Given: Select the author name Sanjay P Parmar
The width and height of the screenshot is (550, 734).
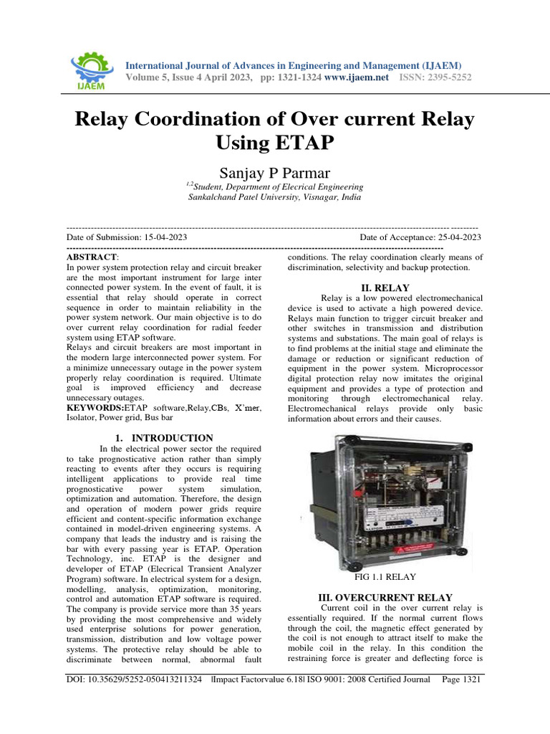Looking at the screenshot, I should click(274, 171).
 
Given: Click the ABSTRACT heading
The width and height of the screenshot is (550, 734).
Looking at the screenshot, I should click(91, 256).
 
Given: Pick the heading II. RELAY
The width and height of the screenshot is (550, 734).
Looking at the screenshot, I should click(384, 287).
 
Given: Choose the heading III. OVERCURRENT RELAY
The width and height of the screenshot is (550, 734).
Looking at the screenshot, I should click(385, 596).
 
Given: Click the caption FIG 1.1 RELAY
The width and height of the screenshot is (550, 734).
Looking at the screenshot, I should click(385, 576).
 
